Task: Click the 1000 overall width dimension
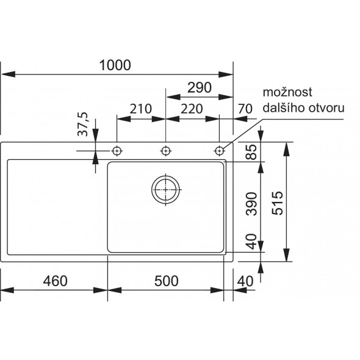115,65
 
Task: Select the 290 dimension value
200,88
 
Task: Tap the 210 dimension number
141,109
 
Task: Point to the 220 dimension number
192,109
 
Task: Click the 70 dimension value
245,109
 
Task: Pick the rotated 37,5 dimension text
83,124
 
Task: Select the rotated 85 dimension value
251,152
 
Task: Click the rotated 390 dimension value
251,204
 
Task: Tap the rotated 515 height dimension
278,203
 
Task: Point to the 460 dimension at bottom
56,281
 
